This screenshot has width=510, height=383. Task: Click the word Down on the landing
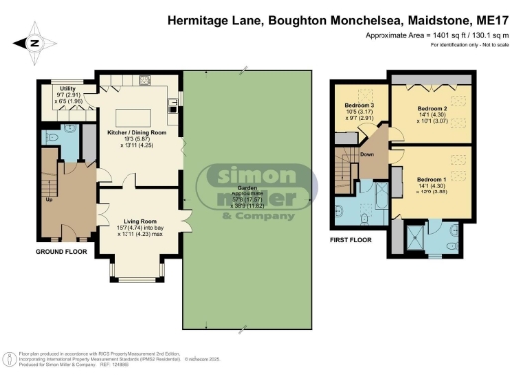[x=367, y=155]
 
